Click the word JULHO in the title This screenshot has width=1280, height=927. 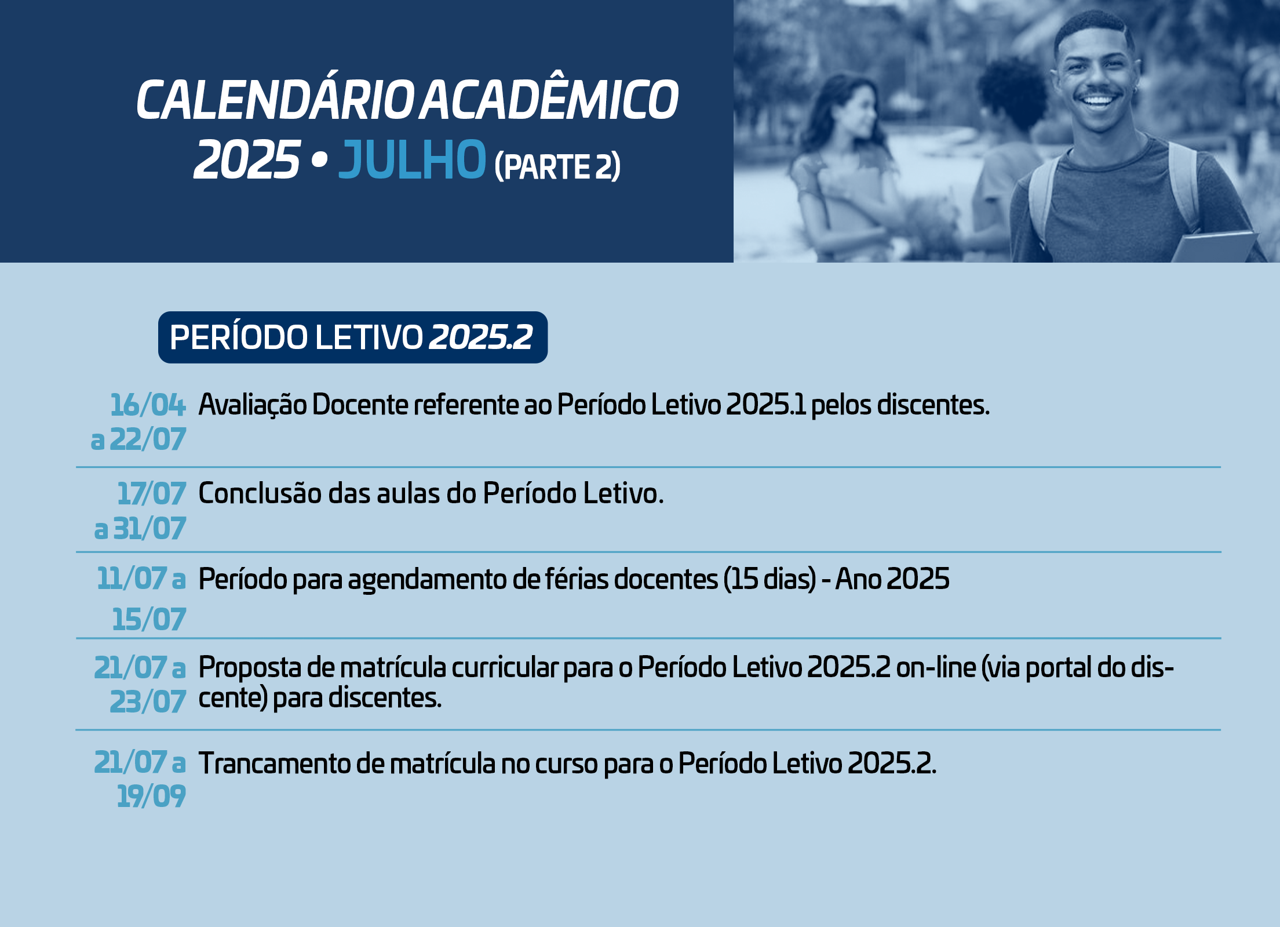point(412,159)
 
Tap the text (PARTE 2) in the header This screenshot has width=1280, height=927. point(557,167)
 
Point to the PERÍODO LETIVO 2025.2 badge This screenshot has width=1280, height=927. point(353,337)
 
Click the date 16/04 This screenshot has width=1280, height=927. point(148,405)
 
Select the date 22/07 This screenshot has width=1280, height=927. point(148,439)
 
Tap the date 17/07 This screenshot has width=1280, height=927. point(152,494)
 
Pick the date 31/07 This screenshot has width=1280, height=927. point(149,529)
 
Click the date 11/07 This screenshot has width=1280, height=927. point(132,579)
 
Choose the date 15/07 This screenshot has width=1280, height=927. point(149,619)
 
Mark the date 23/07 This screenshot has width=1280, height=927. point(148,702)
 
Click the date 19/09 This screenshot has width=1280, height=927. point(151,796)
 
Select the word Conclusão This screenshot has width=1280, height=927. point(260,494)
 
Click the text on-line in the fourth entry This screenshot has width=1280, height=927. point(936,667)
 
